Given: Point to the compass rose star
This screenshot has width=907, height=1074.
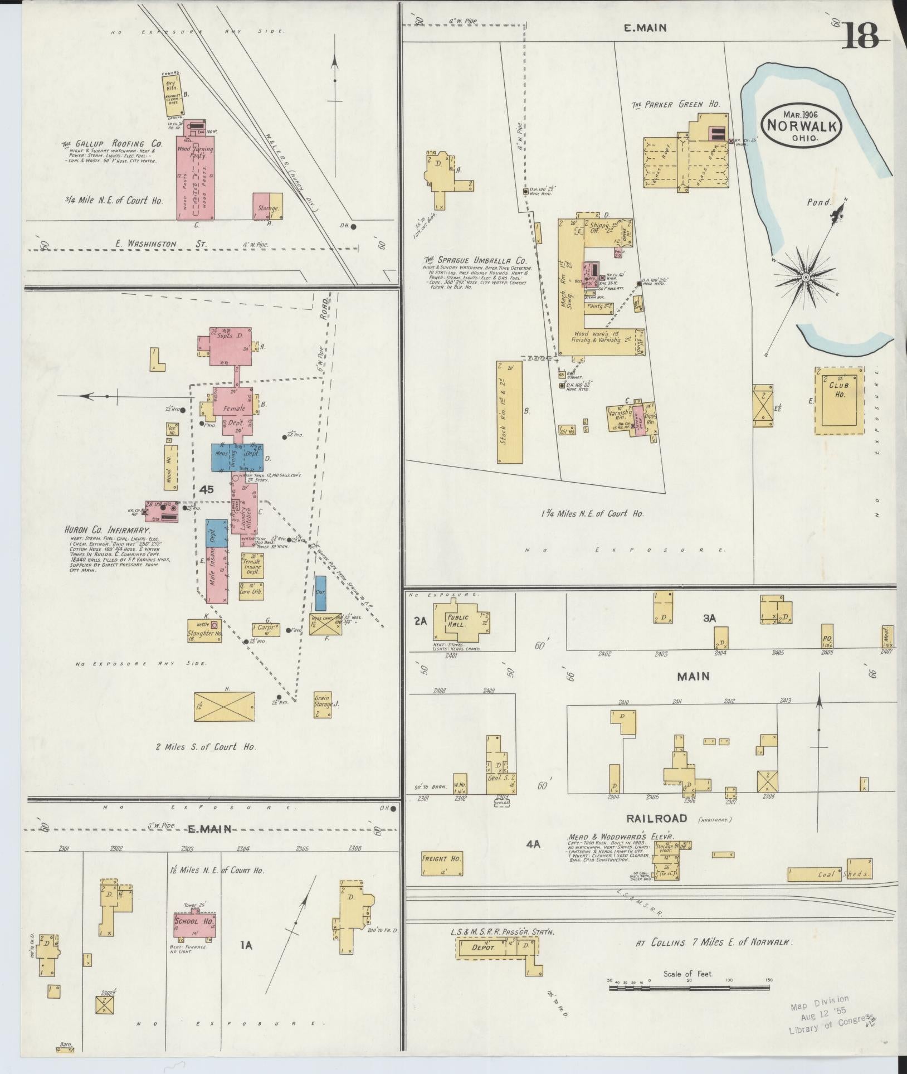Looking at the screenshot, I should pyautogui.click(x=806, y=277).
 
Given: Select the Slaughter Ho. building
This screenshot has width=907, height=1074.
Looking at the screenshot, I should pyautogui.click(x=205, y=630).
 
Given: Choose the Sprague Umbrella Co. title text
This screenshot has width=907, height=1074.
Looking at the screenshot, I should pyautogui.click(x=475, y=260).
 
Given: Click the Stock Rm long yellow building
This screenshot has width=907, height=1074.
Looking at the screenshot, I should pyautogui.click(x=510, y=411).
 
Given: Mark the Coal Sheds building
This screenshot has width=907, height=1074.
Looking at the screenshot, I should pyautogui.click(x=830, y=873).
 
